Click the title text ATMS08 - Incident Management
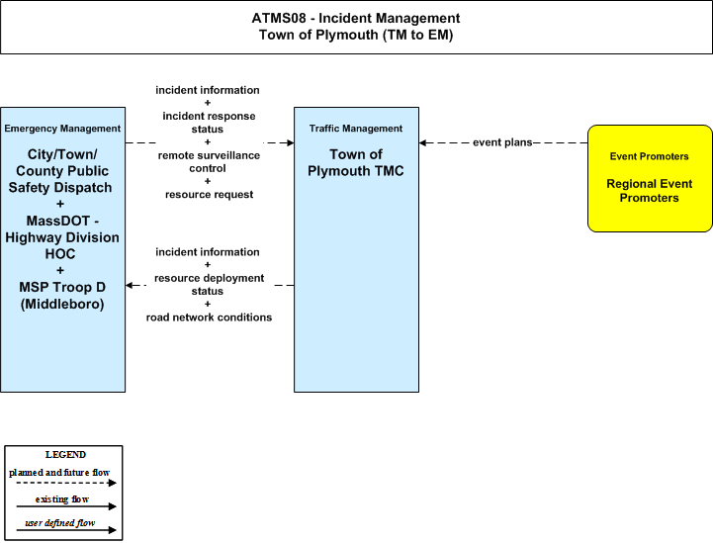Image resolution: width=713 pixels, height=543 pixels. pos(356,18)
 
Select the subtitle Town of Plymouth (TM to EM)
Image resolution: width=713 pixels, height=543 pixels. pos(356,35)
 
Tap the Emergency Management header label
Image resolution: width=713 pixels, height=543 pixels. pos(62,129)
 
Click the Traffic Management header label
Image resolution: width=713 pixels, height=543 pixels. pos(356,129)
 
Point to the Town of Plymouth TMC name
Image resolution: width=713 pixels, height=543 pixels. pos(356,163)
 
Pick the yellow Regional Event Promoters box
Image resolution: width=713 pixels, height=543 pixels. pos(650,178)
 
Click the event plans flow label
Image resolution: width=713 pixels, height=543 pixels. pos(502,142)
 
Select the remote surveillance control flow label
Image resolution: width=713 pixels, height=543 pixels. pos(209,162)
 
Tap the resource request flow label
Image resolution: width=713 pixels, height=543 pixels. pos(209,195)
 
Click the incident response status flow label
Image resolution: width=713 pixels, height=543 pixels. pos(209,123)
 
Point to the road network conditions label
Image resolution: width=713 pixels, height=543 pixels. pos(209,317)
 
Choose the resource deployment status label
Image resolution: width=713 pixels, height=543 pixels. pos(209,285)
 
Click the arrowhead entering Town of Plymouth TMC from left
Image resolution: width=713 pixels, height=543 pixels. pos(290,142)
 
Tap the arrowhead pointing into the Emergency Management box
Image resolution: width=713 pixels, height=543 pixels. pos(130,285)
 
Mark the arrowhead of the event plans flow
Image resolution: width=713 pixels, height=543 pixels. pos(423,142)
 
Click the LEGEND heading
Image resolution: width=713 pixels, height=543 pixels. pos(65,455)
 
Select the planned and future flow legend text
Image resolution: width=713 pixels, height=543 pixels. pos(59,473)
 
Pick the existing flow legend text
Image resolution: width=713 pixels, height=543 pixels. pos(62,499)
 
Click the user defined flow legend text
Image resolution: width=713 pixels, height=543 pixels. pos(60,523)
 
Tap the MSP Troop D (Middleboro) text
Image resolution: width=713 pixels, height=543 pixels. pos(62,296)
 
